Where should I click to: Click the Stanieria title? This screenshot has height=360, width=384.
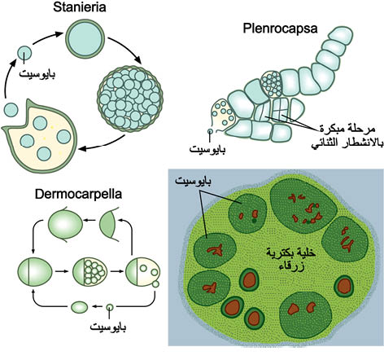pyautogui.click(x=79, y=7)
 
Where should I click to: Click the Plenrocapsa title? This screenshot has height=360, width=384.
pyautogui.click(x=280, y=29)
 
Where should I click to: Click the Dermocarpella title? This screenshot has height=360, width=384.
pyautogui.click(x=78, y=194)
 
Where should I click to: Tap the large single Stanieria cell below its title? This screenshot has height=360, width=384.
pyautogui.click(x=85, y=39)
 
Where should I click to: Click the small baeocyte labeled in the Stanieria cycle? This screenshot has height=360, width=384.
pyautogui.click(x=24, y=53)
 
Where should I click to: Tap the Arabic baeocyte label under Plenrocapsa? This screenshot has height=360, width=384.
pyautogui.click(x=207, y=149)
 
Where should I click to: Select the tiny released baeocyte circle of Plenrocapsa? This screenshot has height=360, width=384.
pyautogui.click(x=211, y=131)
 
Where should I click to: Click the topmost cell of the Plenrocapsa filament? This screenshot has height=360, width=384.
pyautogui.click(x=340, y=37)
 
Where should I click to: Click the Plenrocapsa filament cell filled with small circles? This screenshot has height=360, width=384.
pyautogui.click(x=271, y=84)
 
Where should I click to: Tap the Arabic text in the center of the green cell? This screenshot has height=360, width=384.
pyautogui.click(x=290, y=259)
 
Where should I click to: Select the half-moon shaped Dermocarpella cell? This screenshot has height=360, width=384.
pyautogui.click(x=109, y=224)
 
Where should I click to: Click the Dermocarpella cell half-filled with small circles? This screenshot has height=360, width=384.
pyautogui.click(x=89, y=271)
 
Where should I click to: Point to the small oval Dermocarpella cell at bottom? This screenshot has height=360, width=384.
pyautogui.click(x=79, y=307)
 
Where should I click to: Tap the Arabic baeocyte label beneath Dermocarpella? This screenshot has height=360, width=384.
pyautogui.click(x=108, y=327)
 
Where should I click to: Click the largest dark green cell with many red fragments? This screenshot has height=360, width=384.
pyautogui.click(x=303, y=208)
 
